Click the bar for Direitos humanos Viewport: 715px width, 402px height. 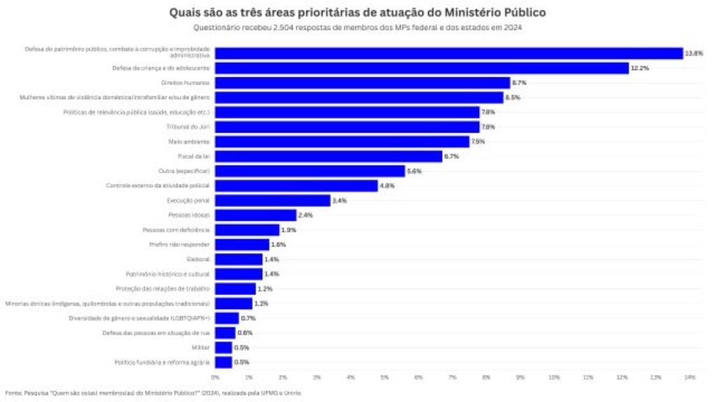(362, 82)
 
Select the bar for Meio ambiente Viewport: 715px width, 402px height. (342, 142)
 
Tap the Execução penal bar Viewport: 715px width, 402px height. (272, 200)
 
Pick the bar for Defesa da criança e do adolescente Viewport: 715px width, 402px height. (422, 68)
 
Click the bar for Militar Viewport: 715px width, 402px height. (223, 348)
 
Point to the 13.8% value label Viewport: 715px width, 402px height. (693, 54)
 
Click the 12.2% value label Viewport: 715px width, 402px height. (640, 68)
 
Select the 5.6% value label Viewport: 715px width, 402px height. (415, 171)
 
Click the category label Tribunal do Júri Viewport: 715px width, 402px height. (189, 127)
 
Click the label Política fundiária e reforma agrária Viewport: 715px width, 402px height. (163, 362)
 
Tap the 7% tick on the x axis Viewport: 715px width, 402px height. (452, 378)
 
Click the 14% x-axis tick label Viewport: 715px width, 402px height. (690, 378)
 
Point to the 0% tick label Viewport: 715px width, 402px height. (215, 378)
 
